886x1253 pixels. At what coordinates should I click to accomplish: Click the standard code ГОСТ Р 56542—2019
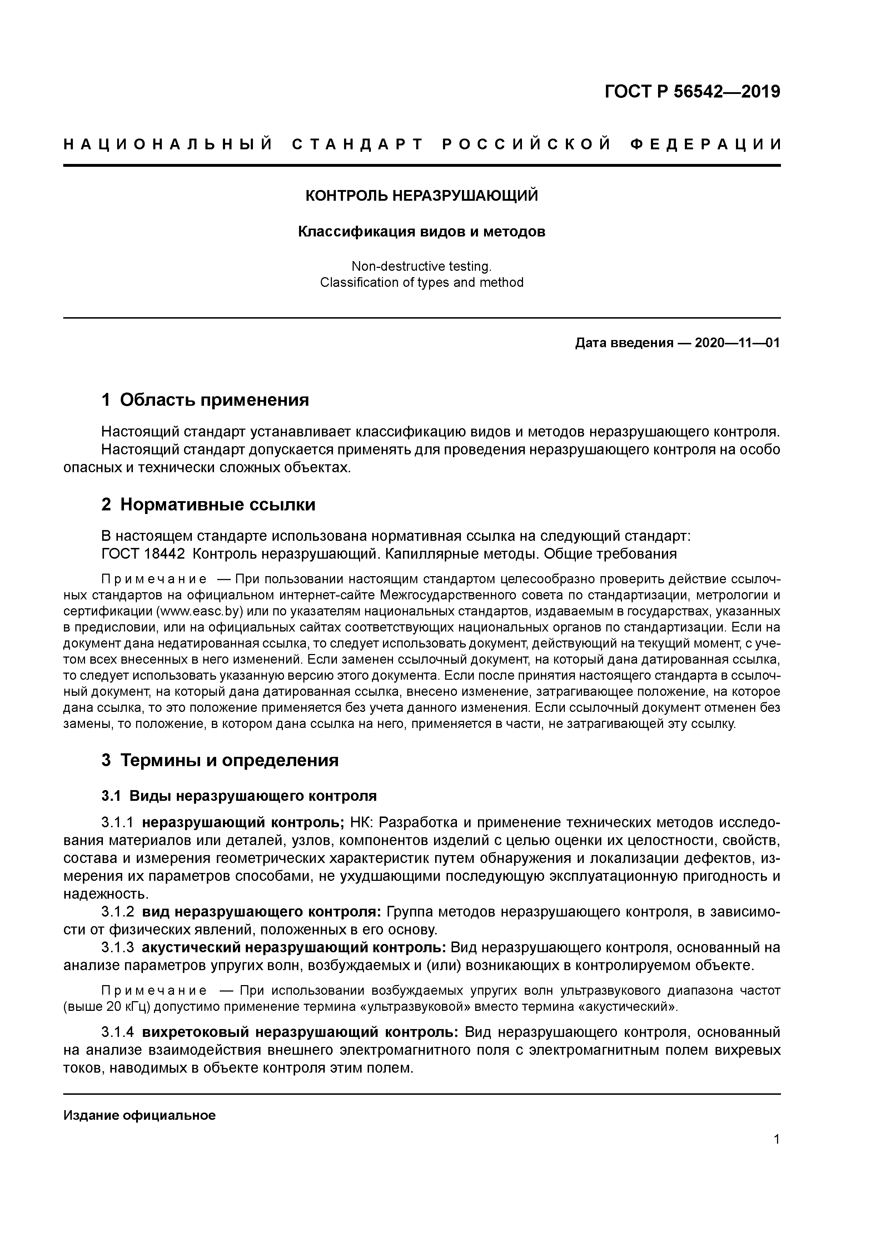pos(692,92)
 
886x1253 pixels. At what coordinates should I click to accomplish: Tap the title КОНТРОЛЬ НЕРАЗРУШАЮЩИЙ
pos(422,195)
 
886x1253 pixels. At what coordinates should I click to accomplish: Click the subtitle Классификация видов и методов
pos(422,232)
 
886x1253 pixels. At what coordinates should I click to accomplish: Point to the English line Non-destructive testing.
pos(422,266)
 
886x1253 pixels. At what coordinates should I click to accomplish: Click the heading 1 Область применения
pos(205,400)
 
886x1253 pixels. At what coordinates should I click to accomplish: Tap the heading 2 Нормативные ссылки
pos(209,505)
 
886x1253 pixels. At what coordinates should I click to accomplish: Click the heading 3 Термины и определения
pos(220,760)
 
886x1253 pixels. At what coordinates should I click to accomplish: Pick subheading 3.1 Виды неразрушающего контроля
pos(239,796)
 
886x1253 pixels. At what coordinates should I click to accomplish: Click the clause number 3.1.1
pos(118,823)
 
